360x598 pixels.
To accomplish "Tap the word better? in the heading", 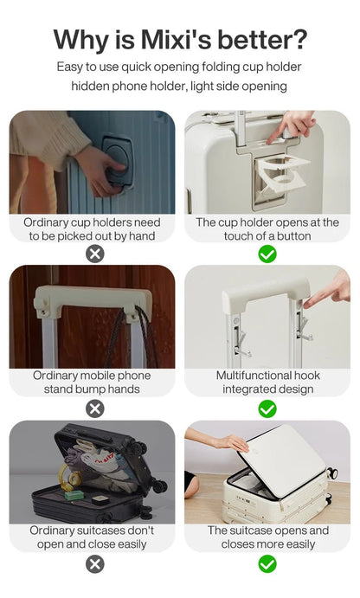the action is click(x=263, y=40).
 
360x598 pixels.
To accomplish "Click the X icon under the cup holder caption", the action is click(x=95, y=254).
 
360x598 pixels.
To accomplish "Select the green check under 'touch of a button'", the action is click(x=267, y=254).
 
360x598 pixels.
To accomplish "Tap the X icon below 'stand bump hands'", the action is click(x=95, y=409).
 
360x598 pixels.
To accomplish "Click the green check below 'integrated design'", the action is click(x=267, y=409).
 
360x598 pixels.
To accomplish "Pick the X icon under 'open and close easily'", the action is click(x=95, y=564).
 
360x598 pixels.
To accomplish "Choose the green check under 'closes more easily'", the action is click(x=267, y=564).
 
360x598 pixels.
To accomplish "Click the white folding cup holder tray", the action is click(x=283, y=174).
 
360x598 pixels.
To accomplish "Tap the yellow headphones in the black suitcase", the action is click(x=70, y=476).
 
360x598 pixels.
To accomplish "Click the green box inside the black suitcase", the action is click(x=74, y=495).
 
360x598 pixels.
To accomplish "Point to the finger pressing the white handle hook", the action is click(x=327, y=292).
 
